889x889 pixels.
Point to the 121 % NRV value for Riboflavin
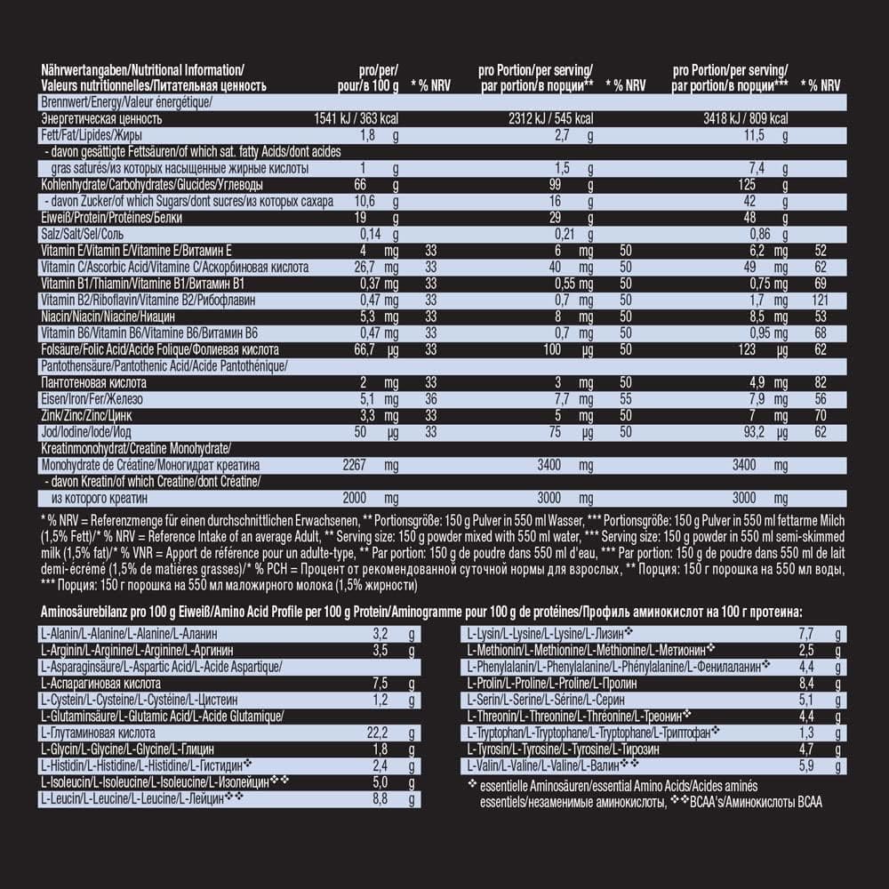coord(820,300)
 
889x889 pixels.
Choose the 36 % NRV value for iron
coord(431,398)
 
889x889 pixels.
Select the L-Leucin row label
coord(142,800)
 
